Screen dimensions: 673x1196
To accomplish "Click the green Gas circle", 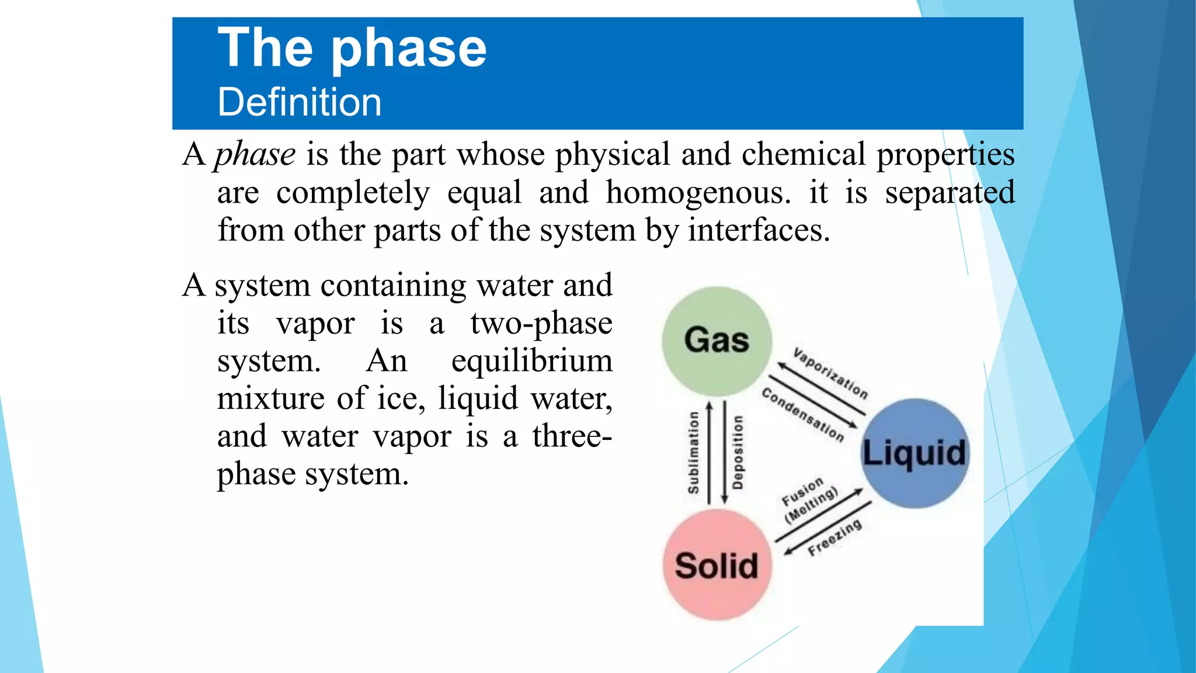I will (x=717, y=341).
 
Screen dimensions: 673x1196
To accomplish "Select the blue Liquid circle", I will (x=915, y=453).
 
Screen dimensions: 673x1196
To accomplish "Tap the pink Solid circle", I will (x=717, y=564).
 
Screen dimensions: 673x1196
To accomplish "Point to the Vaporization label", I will (x=830, y=373).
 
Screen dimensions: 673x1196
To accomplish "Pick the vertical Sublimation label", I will (x=693, y=452).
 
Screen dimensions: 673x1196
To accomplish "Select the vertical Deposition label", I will (x=738, y=452).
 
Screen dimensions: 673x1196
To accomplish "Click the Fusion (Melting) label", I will (x=808, y=499).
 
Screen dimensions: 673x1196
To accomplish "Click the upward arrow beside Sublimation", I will (x=710, y=452).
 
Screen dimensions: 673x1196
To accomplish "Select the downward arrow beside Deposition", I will (x=724, y=452).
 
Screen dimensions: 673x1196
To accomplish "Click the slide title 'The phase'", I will (x=352, y=48).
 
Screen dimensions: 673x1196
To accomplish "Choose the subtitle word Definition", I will (x=299, y=102).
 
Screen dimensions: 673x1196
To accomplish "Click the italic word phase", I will (x=255, y=155).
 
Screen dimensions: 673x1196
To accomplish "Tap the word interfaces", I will (x=759, y=230).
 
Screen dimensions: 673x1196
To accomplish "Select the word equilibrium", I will (x=531, y=361).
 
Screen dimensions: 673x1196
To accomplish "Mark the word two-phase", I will (x=541, y=324).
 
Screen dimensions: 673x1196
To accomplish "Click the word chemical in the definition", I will (x=804, y=155).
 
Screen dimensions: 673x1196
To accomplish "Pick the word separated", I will (x=950, y=192).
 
